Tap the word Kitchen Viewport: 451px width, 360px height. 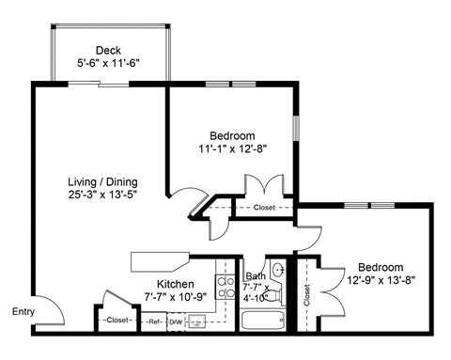point(176,284)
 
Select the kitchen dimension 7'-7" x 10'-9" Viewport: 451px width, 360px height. point(176,298)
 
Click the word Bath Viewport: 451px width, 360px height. point(255,276)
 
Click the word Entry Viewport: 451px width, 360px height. point(24,312)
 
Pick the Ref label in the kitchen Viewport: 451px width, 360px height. point(155,321)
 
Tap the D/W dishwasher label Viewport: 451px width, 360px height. point(177,321)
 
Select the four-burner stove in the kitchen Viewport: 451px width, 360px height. point(225,286)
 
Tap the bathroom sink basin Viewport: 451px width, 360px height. point(279,270)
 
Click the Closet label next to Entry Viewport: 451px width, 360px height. point(117,321)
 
